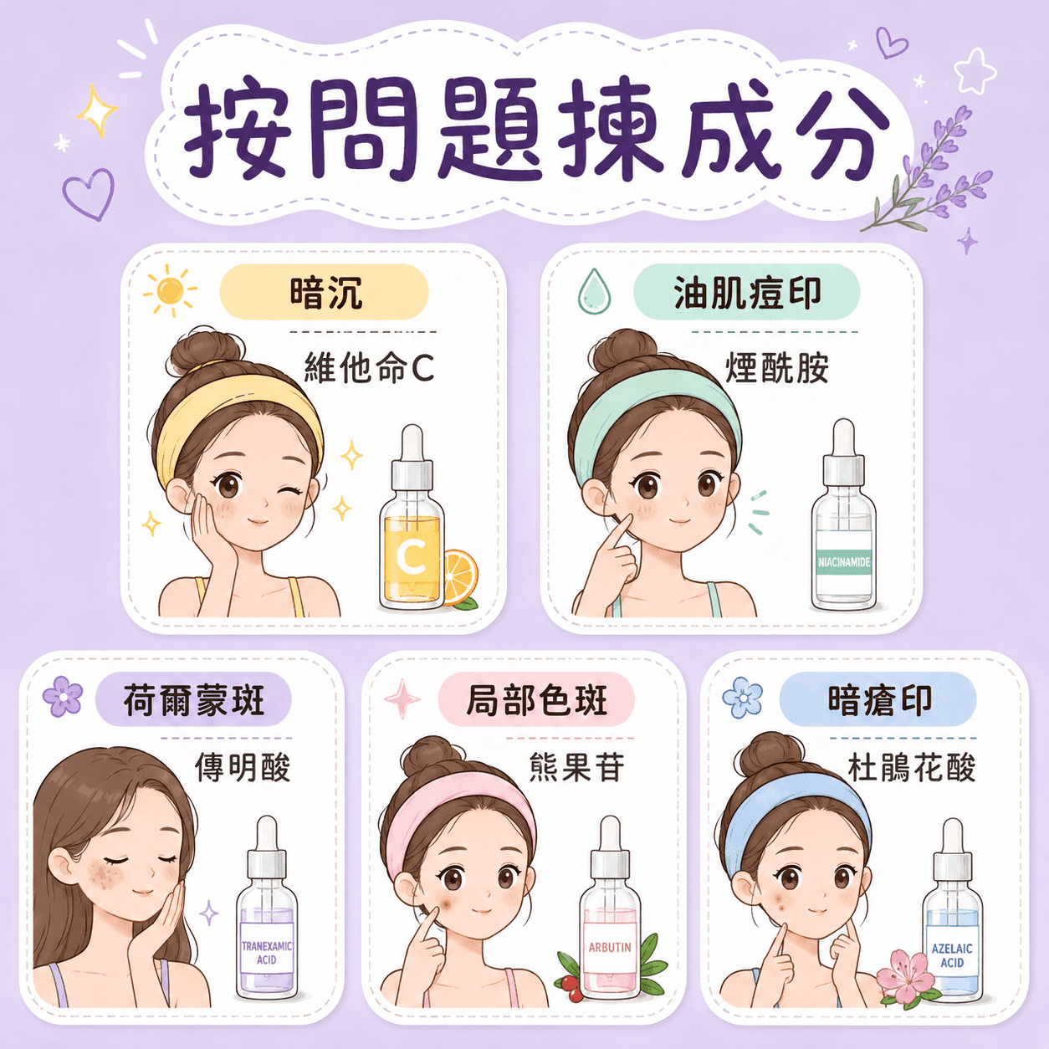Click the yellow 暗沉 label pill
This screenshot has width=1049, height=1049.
click(324, 292)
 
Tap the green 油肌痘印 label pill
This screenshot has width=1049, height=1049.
click(746, 292)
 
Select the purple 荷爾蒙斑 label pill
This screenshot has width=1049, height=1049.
click(193, 699)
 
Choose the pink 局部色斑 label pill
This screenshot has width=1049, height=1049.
click(536, 699)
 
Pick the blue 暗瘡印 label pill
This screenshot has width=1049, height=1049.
click(878, 699)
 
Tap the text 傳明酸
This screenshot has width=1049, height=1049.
click(243, 767)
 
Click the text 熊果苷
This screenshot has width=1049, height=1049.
click(576, 767)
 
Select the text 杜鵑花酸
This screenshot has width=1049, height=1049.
click(912, 767)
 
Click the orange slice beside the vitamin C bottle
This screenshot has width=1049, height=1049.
click(460, 577)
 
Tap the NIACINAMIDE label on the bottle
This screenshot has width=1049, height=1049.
click(844, 562)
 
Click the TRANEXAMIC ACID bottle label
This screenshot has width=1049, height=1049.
click(267, 953)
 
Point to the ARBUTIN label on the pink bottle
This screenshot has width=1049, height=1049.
click(610, 947)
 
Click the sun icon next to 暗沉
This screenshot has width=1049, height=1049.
click(170, 291)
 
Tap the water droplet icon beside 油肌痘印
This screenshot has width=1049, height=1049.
click(594, 291)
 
